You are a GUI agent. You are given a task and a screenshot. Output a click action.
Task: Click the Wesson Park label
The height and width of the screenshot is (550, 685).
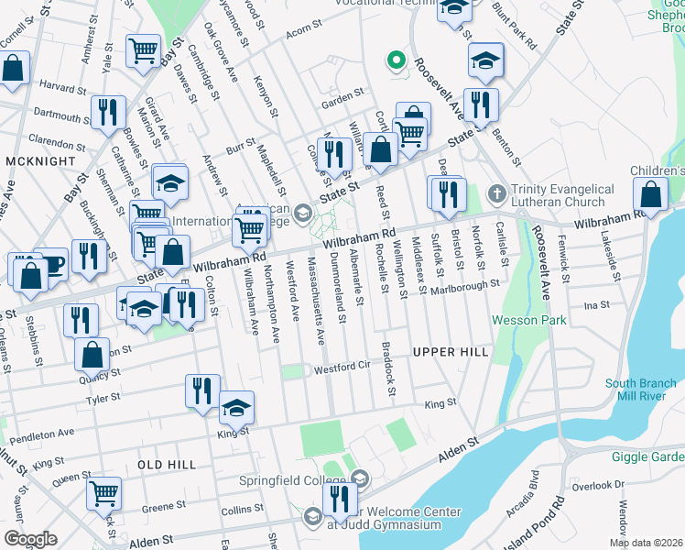tap(529, 320)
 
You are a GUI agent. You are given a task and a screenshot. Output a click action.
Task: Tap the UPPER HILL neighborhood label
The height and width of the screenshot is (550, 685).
tap(450, 352)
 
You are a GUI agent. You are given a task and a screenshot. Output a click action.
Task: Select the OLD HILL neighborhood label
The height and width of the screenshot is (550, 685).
tap(167, 465)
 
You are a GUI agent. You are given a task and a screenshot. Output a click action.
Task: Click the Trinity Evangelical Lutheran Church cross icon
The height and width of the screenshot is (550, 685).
tap(496, 194)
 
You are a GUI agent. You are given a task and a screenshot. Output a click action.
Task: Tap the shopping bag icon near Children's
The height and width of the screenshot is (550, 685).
tap(650, 193)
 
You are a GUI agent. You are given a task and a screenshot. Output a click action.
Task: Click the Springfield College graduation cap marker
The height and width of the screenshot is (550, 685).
tap(359, 478)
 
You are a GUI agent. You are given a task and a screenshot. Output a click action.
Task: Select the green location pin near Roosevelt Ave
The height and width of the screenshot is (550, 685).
tap(396, 60)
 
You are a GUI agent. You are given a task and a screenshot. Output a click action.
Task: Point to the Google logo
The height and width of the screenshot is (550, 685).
tap(31, 539)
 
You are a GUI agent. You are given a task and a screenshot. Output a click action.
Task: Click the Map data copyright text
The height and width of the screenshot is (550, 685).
tap(647, 543)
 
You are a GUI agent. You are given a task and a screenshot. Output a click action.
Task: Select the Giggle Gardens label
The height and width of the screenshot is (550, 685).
tap(649, 456)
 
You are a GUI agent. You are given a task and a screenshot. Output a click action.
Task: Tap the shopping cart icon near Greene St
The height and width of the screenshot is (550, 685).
tap(104, 492)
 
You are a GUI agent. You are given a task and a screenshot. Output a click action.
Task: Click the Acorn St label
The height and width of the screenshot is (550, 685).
tap(299, 34)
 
